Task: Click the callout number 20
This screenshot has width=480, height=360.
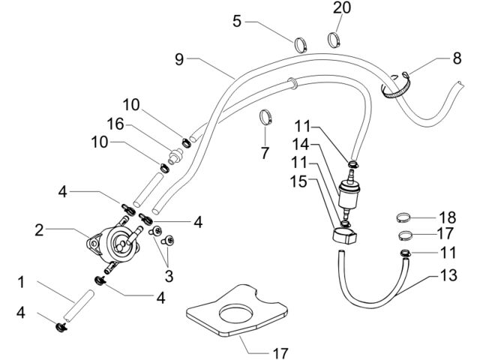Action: tap(342, 8)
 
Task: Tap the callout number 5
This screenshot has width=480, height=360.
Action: tap(237, 22)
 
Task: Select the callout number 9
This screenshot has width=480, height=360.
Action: tap(179, 59)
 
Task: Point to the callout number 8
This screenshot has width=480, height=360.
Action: tap(457, 58)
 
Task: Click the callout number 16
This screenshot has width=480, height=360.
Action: tap(115, 124)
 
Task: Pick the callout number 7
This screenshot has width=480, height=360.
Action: tap(265, 153)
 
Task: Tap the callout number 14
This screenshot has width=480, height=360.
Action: tap(301, 144)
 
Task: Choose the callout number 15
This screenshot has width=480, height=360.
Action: tap(298, 181)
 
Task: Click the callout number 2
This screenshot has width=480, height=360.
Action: tap(39, 230)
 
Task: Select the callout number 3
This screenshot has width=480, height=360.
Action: tap(169, 276)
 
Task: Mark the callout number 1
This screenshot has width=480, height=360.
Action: tap(21, 282)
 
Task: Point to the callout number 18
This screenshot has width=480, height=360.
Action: tap(447, 217)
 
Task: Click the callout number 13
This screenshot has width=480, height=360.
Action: tap(448, 275)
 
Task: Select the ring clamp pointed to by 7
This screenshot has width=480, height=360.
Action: tap(265, 117)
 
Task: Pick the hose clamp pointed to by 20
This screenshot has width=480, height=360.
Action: tap(334, 40)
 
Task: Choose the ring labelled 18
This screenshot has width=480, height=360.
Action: tap(403, 217)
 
